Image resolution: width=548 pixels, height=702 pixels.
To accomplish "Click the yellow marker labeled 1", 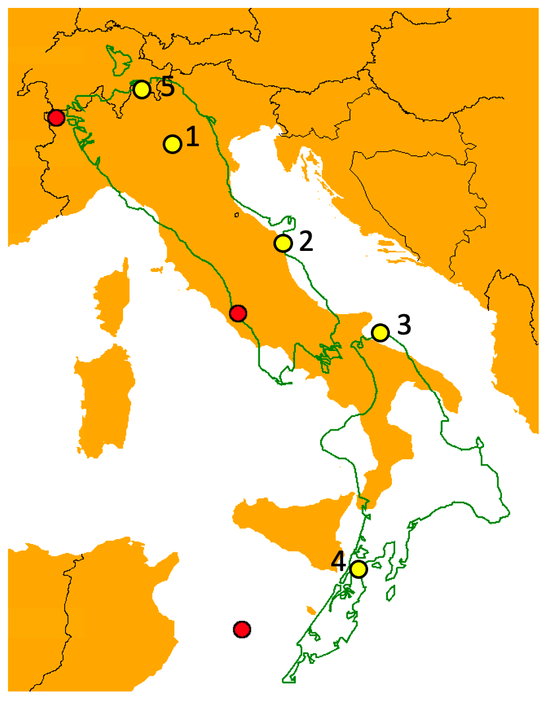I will (x=173, y=144).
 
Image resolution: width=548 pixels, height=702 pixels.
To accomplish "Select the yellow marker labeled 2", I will (x=283, y=243).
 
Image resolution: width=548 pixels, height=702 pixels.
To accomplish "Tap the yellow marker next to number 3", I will (x=380, y=333).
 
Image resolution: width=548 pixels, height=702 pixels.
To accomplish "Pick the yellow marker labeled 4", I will (x=358, y=568).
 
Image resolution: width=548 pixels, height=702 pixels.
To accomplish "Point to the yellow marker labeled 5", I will (x=142, y=90).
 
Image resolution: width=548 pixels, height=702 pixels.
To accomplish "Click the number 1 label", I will (x=192, y=136).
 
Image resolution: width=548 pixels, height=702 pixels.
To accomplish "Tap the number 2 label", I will (x=306, y=242).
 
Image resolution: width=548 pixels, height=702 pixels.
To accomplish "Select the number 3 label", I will (x=404, y=325).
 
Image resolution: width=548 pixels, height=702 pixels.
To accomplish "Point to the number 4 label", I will (x=338, y=561).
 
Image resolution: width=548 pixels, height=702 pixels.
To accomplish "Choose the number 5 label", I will (x=167, y=86).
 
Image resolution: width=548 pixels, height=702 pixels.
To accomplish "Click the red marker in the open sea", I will (x=242, y=629).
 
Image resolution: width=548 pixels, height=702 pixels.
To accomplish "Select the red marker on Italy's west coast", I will (x=238, y=313).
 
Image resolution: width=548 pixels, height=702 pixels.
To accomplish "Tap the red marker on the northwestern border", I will (x=56, y=118).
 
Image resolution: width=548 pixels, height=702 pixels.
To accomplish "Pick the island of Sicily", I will (x=290, y=527).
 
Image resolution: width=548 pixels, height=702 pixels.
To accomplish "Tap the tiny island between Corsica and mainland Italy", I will (x=156, y=269).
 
